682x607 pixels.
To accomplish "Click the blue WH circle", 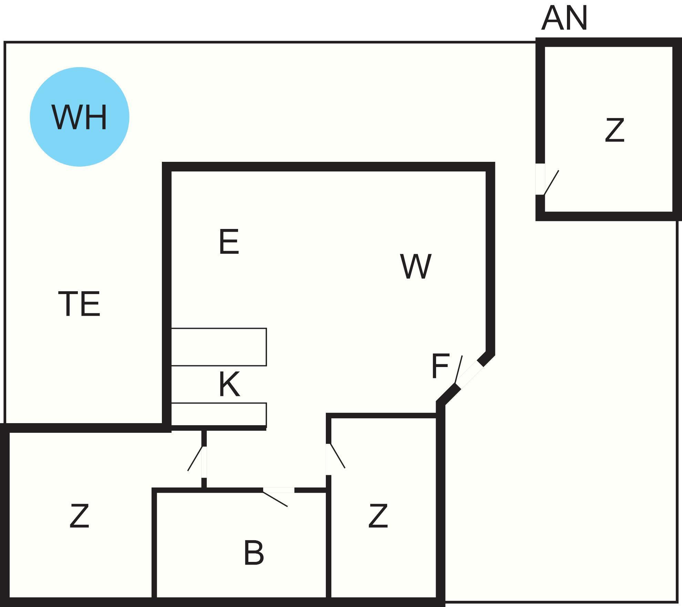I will pyautogui.click(x=80, y=117).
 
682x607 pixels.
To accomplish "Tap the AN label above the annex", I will pyautogui.click(x=564, y=19).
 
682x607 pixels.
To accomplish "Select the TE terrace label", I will pyautogui.click(x=79, y=304).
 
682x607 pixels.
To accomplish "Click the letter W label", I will pyautogui.click(x=416, y=266).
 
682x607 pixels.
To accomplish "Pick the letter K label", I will pyautogui.click(x=229, y=385).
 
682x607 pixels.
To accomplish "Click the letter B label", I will pyautogui.click(x=254, y=553).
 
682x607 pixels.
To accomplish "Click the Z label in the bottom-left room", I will pyautogui.click(x=79, y=516).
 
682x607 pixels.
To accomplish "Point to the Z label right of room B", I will pyautogui.click(x=378, y=516).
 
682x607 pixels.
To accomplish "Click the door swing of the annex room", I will pyautogui.click(x=551, y=182).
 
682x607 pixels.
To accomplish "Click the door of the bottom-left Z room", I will pyautogui.click(x=195, y=458).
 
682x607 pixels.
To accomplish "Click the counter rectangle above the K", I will pyautogui.click(x=219, y=347).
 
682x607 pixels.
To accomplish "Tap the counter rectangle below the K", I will pyautogui.click(x=219, y=414).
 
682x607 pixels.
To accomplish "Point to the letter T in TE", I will pyautogui.click(x=69, y=304).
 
